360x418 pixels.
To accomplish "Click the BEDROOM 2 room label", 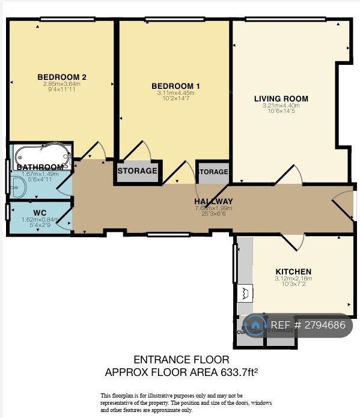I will pos(62,77).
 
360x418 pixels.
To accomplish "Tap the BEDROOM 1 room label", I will pos(175,86).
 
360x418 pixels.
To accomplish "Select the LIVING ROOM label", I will pos(281,98).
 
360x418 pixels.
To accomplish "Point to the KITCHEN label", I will pos(293,271).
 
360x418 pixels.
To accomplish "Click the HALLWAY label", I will pos(213,201).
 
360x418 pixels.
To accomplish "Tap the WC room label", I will pos(40,213).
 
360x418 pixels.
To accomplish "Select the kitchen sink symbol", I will pos(245,293).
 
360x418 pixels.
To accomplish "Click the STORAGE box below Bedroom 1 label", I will pos(137,171).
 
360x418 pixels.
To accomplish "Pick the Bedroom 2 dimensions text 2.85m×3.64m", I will pos(62,84).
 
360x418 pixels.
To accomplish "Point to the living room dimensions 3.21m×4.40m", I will pos(281,106).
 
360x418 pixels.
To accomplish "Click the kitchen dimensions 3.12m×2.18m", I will pos(293,278).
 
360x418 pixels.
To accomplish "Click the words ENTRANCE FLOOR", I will pos(181,360).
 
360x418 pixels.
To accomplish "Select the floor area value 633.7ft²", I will pos(238,372).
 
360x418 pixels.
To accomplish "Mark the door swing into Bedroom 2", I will pos(94,151).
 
